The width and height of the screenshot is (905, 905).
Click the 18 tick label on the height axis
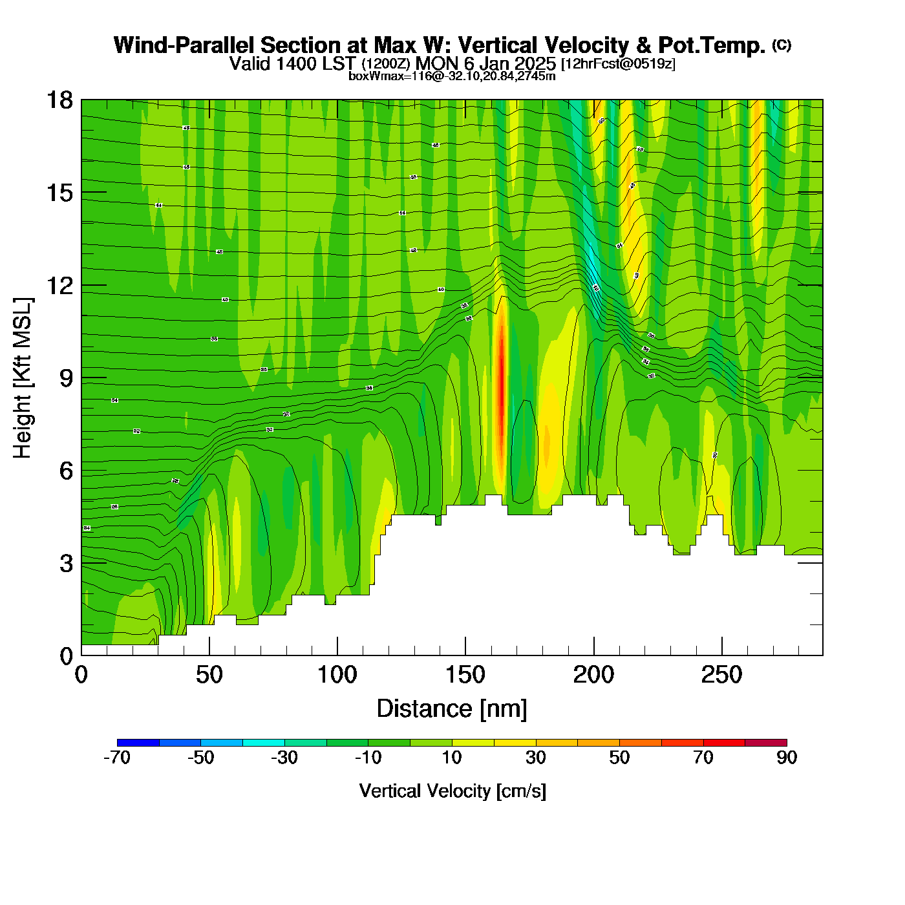59,100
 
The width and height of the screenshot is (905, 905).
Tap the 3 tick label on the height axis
66,564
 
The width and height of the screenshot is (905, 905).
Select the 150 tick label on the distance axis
465,676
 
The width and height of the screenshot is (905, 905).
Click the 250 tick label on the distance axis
721,676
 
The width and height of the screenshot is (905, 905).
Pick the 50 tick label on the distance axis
209,676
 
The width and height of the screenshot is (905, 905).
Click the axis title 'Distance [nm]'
452,709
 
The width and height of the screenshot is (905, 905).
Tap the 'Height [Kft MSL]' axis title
23,378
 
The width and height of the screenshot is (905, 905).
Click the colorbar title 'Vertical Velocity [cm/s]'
452,791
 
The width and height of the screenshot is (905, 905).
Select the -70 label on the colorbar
117,758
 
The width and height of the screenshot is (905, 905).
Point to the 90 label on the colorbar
787,758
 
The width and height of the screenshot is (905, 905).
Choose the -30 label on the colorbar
284,758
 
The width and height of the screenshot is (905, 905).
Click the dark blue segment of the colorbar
138,742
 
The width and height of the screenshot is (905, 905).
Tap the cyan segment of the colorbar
263,742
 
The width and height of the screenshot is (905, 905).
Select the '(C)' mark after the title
782,45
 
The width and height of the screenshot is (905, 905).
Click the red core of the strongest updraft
500,388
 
